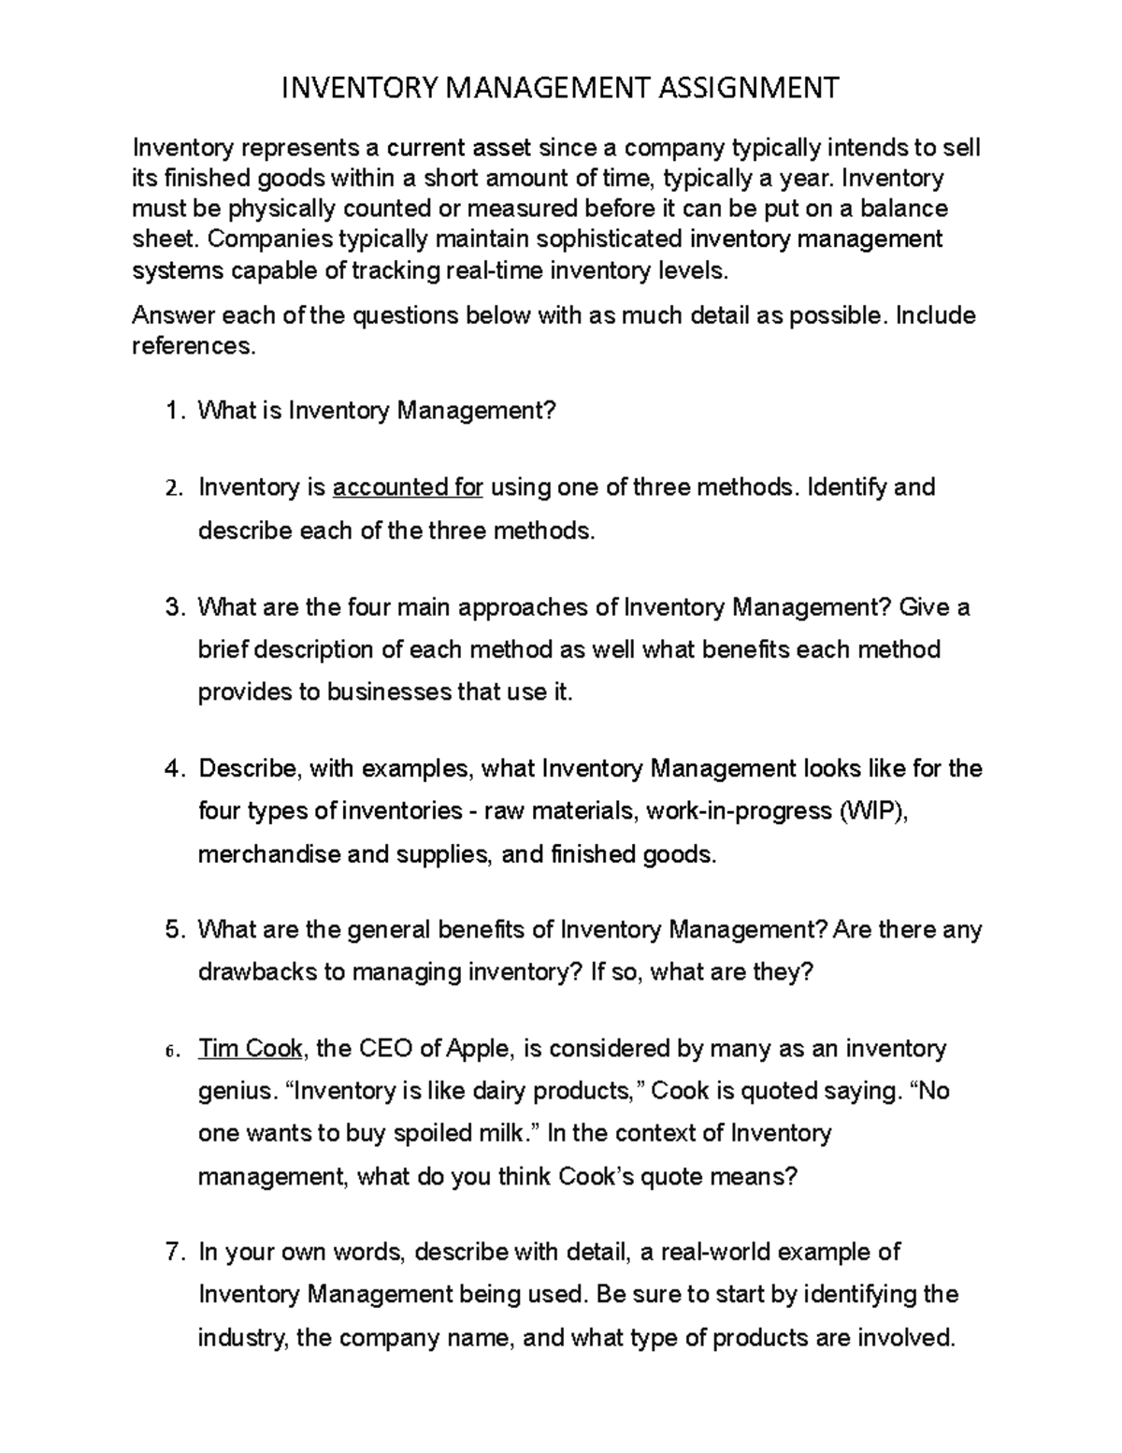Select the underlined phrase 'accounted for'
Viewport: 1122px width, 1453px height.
point(408,487)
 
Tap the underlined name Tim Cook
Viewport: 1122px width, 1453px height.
point(250,1049)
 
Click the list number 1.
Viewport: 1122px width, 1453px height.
point(171,411)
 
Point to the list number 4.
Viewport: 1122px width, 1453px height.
point(171,769)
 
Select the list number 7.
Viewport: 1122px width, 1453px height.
point(171,1252)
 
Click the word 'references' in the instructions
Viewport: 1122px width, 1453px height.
point(192,346)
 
